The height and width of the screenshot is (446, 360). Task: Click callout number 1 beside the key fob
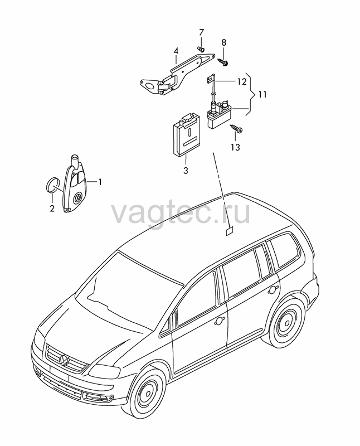click(100, 182)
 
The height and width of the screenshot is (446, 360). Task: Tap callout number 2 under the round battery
click(52, 209)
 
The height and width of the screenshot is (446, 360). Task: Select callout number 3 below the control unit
click(186, 171)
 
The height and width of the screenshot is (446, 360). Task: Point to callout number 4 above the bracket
click(176, 51)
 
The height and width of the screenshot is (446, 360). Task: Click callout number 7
click(201, 32)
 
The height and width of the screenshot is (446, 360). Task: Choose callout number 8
click(224, 43)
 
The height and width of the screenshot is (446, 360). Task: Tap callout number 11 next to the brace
click(262, 94)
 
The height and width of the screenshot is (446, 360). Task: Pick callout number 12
click(242, 81)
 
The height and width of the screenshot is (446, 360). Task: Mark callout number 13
click(236, 147)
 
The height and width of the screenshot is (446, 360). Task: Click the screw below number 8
click(223, 61)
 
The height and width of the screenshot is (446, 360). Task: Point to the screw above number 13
click(236, 128)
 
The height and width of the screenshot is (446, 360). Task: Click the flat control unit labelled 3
click(185, 135)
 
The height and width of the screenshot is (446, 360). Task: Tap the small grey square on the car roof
click(229, 231)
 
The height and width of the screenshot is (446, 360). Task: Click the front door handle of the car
click(220, 321)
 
